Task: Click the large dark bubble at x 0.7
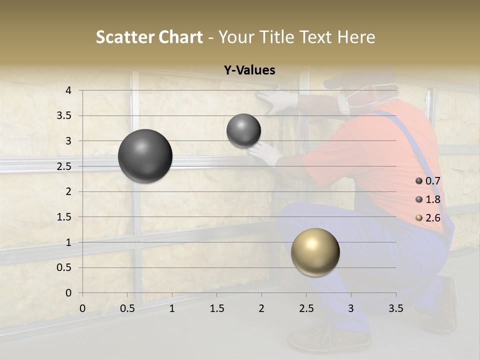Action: (x=145, y=156)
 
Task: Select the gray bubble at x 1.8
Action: (x=243, y=130)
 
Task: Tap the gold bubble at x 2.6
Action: (x=315, y=252)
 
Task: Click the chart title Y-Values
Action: (x=249, y=70)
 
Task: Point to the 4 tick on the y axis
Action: (x=68, y=90)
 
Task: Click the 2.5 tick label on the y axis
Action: (x=63, y=166)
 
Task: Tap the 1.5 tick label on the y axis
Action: (x=63, y=217)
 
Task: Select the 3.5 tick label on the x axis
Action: (x=395, y=308)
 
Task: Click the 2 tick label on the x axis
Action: (x=261, y=308)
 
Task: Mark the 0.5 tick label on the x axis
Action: (x=127, y=308)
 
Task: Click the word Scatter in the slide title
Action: (x=123, y=37)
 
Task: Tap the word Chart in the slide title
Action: (x=181, y=37)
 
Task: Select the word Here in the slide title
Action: (x=356, y=37)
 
